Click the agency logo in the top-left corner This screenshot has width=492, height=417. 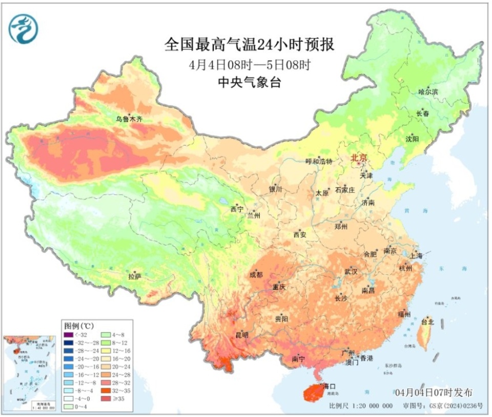click(24, 29)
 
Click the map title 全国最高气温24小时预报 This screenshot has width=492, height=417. click(249, 45)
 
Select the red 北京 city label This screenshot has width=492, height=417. click(359, 159)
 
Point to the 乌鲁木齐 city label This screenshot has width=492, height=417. click(129, 119)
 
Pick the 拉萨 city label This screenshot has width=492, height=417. click(134, 277)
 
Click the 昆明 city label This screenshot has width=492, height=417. click(241, 335)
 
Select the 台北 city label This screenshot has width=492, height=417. click(427, 322)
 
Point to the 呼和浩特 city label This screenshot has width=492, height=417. click(319, 161)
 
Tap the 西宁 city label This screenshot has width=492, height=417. click(236, 209)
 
